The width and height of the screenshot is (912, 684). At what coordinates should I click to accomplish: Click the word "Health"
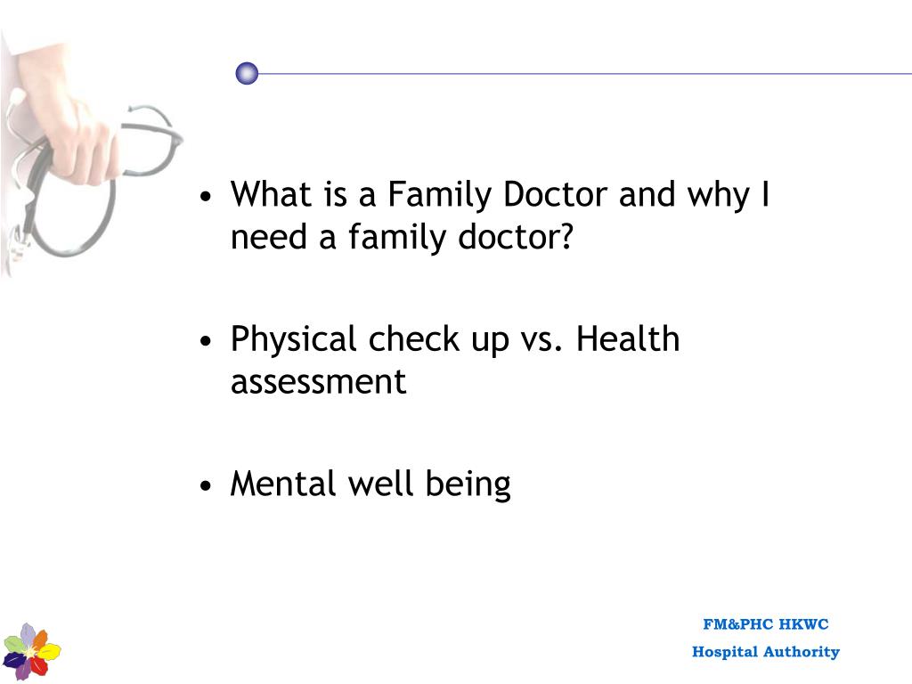pos(628,339)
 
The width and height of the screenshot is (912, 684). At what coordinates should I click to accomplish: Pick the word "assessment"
pos(318,382)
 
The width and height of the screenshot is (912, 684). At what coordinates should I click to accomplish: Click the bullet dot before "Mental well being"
pos(207,486)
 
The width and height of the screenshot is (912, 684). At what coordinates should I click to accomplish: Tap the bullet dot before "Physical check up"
pos(207,342)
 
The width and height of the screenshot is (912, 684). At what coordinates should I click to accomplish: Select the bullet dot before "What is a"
pos(207,197)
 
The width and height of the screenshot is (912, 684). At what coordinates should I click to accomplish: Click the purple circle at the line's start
pos(247,74)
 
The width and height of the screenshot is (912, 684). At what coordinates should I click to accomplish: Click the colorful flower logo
pos(31,651)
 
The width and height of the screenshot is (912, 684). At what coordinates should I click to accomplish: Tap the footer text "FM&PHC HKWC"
pos(765,624)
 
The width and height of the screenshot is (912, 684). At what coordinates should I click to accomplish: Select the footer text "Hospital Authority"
pos(765,652)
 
